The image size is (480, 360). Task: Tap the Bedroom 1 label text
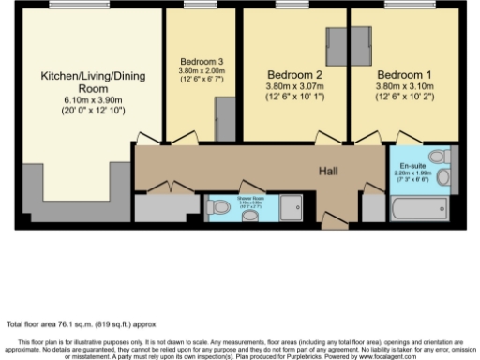(403, 74)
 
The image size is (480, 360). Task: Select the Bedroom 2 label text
(292, 74)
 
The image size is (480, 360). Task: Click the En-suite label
(404, 162)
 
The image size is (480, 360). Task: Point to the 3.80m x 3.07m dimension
(292, 85)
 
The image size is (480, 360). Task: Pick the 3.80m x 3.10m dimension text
(403, 85)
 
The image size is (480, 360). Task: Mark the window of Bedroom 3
(198, 7)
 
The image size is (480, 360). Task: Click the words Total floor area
(30, 323)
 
